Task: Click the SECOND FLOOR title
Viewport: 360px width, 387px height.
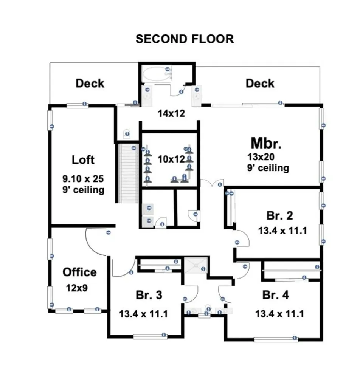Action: [x=185, y=39]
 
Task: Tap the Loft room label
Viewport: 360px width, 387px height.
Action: [x=83, y=160]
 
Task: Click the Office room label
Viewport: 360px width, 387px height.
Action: [x=79, y=272]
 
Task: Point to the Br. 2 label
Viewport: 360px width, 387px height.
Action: [x=279, y=216]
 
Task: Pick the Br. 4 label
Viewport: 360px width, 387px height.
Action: [x=276, y=295]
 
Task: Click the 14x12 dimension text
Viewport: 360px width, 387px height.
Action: [x=171, y=113]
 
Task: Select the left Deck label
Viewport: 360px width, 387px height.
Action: [x=90, y=84]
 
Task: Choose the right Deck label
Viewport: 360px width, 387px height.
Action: [x=260, y=84]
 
